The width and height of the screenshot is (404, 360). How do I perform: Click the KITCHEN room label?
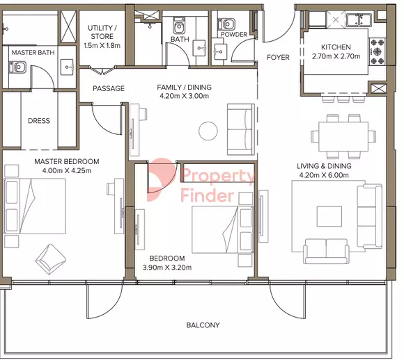click(x=336, y=47)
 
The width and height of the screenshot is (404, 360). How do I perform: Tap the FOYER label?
click(x=278, y=57)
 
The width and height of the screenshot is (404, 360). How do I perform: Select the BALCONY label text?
click(x=203, y=325)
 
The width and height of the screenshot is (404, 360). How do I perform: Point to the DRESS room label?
click(x=39, y=121)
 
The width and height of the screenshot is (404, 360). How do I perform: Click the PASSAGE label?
click(x=109, y=88)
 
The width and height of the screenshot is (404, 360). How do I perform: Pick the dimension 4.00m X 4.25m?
click(x=67, y=170)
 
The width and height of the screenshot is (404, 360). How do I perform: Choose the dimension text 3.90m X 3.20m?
click(x=167, y=268)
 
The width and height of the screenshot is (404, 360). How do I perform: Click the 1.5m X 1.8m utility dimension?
click(x=102, y=45)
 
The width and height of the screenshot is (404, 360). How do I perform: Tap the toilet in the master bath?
click(x=17, y=67)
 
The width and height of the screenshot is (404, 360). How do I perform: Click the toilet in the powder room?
click(x=226, y=24)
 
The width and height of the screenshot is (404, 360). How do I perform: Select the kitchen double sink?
click(x=359, y=20)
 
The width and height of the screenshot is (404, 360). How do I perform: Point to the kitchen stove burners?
click(x=378, y=51)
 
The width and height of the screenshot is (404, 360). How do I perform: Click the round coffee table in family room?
click(x=208, y=131)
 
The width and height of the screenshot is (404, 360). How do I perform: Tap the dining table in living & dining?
click(x=343, y=137)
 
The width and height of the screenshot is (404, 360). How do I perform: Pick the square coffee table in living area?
click(x=329, y=216)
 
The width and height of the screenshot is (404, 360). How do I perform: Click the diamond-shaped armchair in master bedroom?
click(x=50, y=259)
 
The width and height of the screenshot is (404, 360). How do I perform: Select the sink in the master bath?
click(x=67, y=67)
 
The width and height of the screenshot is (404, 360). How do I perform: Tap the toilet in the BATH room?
click(x=178, y=25)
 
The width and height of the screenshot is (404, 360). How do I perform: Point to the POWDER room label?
click(x=233, y=35)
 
